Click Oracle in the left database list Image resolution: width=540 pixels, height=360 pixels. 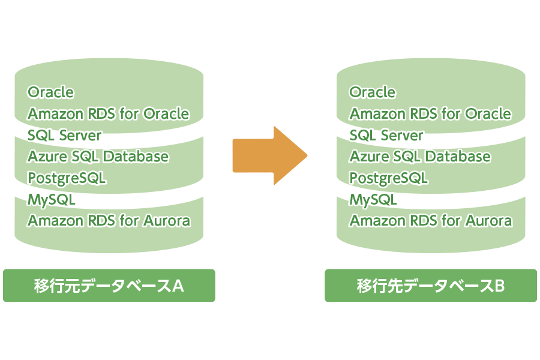coord(51,92)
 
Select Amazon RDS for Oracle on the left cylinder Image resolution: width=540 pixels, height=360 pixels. coord(108,113)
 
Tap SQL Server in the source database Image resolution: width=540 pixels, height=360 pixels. coord(64,135)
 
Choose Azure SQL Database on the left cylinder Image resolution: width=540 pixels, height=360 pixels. coord(98,157)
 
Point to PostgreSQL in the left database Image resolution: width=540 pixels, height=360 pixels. coord(67,178)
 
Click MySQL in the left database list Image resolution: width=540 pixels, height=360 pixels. coord(51,199)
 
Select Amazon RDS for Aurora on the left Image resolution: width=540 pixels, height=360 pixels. coord(109,221)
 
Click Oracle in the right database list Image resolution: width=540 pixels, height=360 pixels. coord(373,92)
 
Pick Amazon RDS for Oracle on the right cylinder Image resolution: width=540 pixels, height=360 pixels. coord(430,113)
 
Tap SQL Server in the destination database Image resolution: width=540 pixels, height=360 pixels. coord(386,135)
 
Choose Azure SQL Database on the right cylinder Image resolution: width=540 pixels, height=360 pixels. coord(420,157)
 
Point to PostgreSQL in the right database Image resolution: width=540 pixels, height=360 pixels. coord(389,178)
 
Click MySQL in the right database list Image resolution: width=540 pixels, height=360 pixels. coord(373,199)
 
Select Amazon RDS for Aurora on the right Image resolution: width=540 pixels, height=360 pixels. coord(431,221)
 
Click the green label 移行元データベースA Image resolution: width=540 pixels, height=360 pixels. coord(109,286)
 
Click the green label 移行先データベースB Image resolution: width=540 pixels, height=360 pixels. coord(431,286)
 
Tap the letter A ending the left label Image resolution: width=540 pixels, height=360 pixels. coord(178,286)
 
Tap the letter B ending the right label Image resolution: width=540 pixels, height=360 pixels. coord(499,286)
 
